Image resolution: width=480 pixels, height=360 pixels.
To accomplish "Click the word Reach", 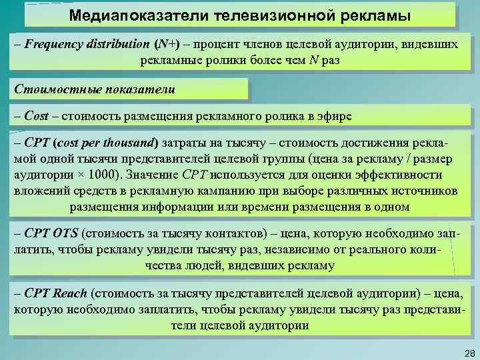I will [69, 293].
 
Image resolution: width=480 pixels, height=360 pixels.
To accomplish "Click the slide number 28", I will [467, 351].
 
